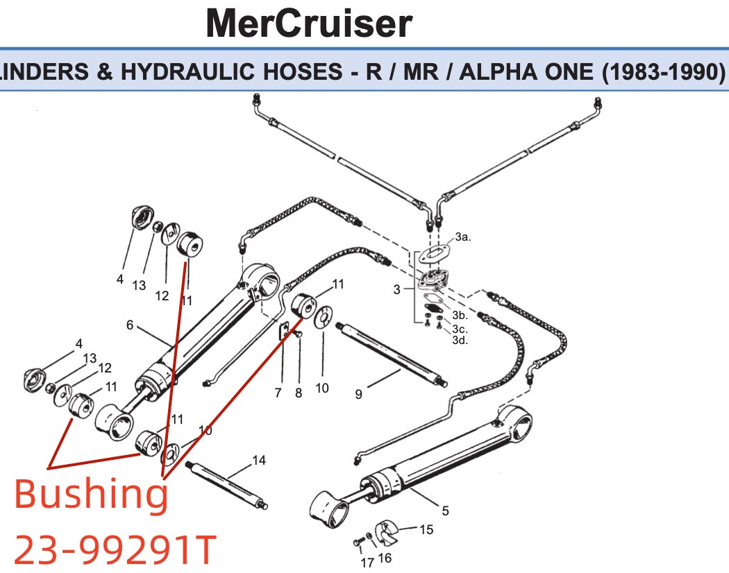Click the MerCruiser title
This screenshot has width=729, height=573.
click(308, 24)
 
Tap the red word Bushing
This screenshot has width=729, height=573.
click(91, 493)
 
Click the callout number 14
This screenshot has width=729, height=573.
click(259, 460)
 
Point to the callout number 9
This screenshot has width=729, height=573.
click(358, 394)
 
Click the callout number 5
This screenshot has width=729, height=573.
click(445, 511)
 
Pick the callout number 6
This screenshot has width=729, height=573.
click(129, 325)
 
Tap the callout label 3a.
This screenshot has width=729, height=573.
click(463, 237)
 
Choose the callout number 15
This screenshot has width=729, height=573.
click(426, 530)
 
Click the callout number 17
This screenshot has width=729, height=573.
click(367, 562)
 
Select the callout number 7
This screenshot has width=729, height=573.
click(278, 393)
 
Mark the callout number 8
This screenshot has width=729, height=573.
click(299, 393)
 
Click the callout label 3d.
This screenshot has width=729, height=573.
click(460, 340)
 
